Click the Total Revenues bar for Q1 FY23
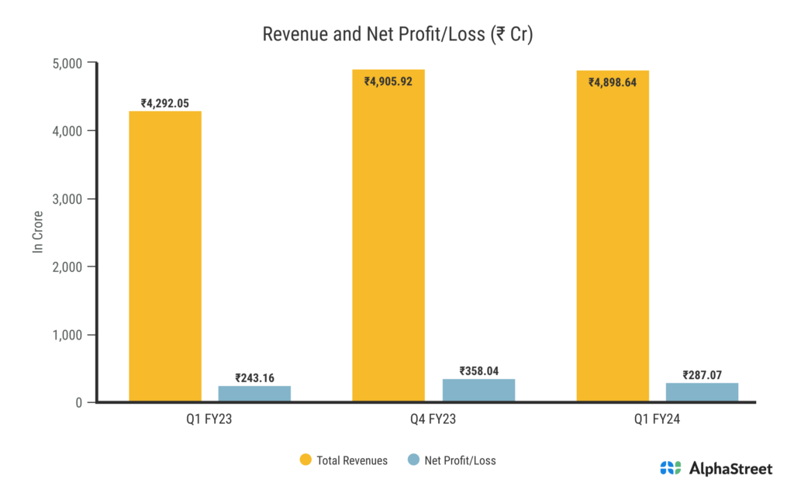(x=165, y=256)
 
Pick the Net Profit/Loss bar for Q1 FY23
(x=254, y=394)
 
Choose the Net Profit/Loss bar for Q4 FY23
(x=478, y=390)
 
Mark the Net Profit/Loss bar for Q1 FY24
(x=702, y=392)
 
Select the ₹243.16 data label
(x=254, y=377)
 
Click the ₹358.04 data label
(x=478, y=370)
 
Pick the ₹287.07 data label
(x=702, y=375)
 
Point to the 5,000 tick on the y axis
(x=67, y=63)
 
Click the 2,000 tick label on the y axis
(x=67, y=267)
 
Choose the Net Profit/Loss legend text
(x=460, y=460)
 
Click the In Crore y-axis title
(x=37, y=232)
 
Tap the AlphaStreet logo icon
(x=670, y=468)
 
